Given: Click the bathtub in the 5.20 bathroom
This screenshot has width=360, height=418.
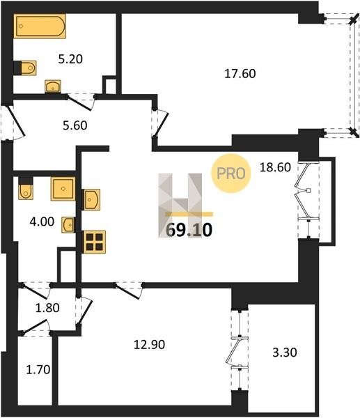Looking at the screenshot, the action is [x=40, y=26].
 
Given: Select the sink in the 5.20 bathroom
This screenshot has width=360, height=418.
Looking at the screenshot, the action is [x=53, y=86].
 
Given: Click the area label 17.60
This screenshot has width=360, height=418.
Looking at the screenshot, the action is [x=240, y=74].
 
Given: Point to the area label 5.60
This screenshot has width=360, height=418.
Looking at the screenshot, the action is [x=75, y=125].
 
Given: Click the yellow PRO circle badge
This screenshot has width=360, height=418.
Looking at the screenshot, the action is [x=231, y=173].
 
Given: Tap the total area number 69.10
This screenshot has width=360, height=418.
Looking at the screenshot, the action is [x=189, y=230].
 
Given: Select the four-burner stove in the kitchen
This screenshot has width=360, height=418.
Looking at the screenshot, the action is [x=95, y=242].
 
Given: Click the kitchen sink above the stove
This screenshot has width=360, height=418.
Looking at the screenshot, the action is [x=92, y=200].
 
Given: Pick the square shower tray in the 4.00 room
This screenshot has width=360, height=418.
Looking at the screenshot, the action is [x=63, y=189].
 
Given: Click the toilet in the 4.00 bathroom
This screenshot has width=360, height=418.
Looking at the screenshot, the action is [x=26, y=188].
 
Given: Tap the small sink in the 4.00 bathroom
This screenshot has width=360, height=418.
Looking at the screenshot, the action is [x=68, y=225].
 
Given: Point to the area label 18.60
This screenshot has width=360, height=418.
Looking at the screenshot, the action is [x=275, y=167].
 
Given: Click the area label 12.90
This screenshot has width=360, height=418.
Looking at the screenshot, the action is [x=149, y=345].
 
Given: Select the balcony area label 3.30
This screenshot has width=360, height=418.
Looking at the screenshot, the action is [x=285, y=353].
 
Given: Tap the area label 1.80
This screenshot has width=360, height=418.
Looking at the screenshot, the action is [x=47, y=308].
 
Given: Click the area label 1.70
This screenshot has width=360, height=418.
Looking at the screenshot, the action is [x=38, y=370].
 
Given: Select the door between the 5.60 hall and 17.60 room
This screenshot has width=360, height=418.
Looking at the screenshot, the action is [x=160, y=123].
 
